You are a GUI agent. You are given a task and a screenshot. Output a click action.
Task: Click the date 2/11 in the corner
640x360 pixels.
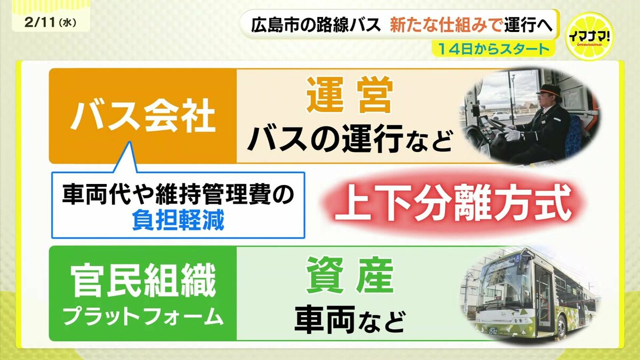click(41, 22)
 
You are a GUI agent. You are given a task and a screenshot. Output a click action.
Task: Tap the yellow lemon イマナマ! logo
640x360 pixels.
click(589, 37)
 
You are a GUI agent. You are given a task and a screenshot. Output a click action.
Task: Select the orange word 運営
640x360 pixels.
click(350, 94)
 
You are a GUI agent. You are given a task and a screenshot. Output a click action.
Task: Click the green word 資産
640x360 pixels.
click(350, 275)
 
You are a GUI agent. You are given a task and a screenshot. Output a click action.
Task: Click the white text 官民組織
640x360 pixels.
click(142, 281)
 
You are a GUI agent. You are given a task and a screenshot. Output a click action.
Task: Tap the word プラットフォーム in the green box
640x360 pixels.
click(143, 317)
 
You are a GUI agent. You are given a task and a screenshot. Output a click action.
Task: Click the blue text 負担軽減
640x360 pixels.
click(178, 221)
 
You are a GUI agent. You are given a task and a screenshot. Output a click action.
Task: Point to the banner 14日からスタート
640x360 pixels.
click(493, 50)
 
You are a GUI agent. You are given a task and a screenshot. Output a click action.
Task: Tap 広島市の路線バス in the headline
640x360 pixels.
click(316, 25)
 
